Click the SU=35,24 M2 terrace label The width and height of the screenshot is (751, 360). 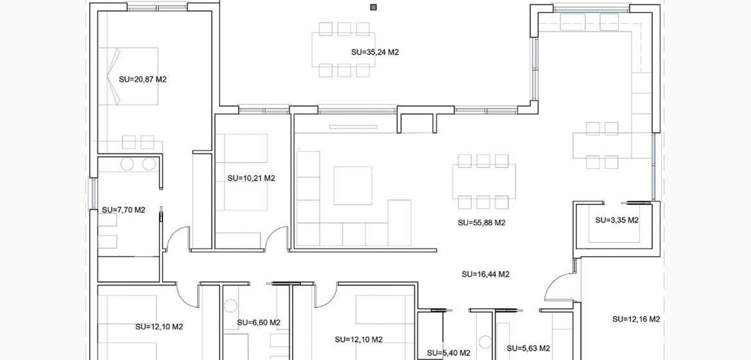pyautogui.click(x=375, y=52)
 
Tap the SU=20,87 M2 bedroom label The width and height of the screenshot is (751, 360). pyautogui.click(x=142, y=79)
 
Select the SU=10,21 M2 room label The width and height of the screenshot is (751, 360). pyautogui.click(x=251, y=178)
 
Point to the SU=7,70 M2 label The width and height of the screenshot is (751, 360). pyautogui.click(x=123, y=210)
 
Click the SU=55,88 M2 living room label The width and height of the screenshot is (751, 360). pyautogui.click(x=481, y=223)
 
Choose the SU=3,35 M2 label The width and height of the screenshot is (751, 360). pyautogui.click(x=616, y=220)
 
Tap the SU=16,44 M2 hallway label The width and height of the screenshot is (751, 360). pyautogui.click(x=485, y=274)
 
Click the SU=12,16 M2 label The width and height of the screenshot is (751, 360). pyautogui.click(x=636, y=319)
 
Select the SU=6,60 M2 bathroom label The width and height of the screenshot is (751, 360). pyautogui.click(x=258, y=323)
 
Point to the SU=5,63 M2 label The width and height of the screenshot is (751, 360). pyautogui.click(x=528, y=348)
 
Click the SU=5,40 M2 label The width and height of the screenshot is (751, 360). pyautogui.click(x=448, y=353)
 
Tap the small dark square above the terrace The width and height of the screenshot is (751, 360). pyautogui.click(x=374, y=7)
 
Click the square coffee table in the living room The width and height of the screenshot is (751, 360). pyautogui.click(x=352, y=185)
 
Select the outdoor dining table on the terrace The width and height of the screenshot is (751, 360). pyautogui.click(x=343, y=50)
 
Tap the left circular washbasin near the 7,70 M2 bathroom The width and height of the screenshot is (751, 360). pyautogui.click(x=127, y=164)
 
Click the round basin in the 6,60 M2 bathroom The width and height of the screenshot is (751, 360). pyautogui.click(x=231, y=306)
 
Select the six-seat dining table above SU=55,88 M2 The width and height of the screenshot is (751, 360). pyautogui.click(x=483, y=181)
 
